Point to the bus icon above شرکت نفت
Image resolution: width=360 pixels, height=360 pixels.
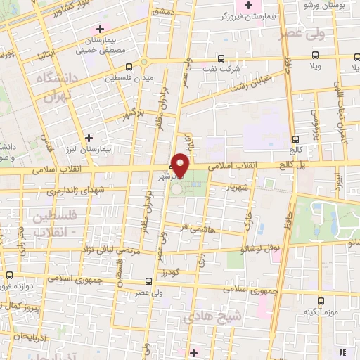pos(221,59)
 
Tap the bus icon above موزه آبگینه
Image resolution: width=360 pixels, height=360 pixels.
pos(321,300)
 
